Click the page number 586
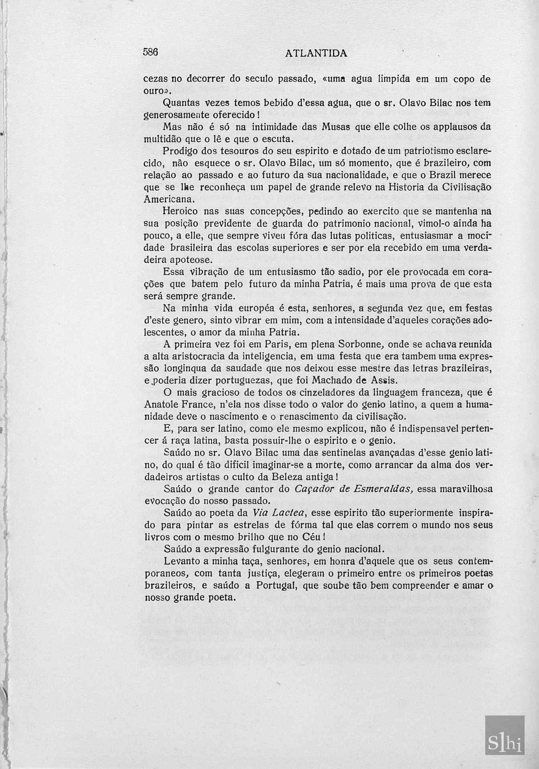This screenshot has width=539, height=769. coord(151,52)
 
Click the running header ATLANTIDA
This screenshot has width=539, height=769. coord(316,53)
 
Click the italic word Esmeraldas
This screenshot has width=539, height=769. coord(385,489)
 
